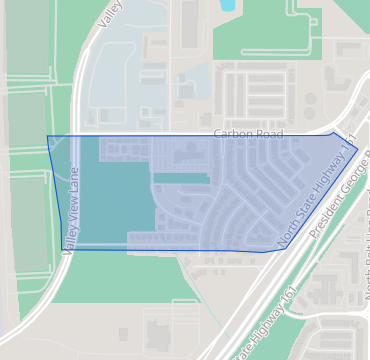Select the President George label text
click(x=340, y=192)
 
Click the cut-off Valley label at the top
click(x=110, y=13)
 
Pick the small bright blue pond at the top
click(x=227, y=5)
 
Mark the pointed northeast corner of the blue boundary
click(x=357, y=148)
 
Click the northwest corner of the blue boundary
click(x=48, y=136)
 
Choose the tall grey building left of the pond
click(x=190, y=24)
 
